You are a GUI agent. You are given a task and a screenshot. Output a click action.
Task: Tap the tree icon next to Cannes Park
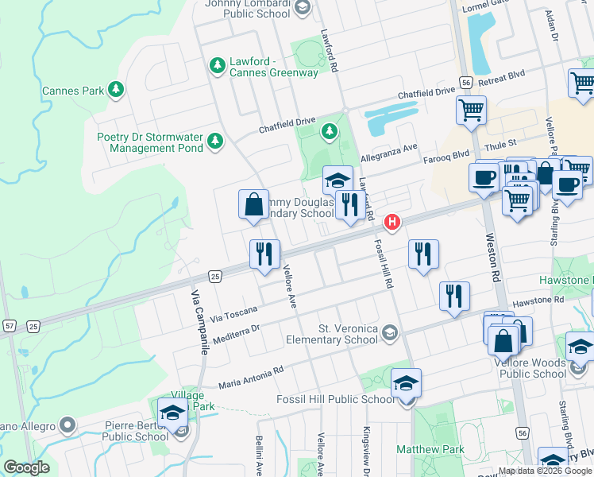(117, 89)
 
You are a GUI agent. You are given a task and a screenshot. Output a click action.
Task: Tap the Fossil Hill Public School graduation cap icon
(406, 384)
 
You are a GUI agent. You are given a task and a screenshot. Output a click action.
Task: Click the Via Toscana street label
(234, 309)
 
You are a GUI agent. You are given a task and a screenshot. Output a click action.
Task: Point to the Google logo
(27, 467)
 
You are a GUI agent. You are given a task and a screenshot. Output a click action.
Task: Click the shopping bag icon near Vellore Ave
(253, 205)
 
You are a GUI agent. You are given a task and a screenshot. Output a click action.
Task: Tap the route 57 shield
(9, 326)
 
